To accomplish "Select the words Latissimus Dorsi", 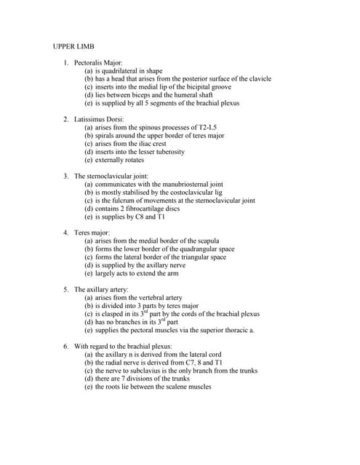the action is click(99, 119).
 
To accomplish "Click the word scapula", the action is click(208, 240).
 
